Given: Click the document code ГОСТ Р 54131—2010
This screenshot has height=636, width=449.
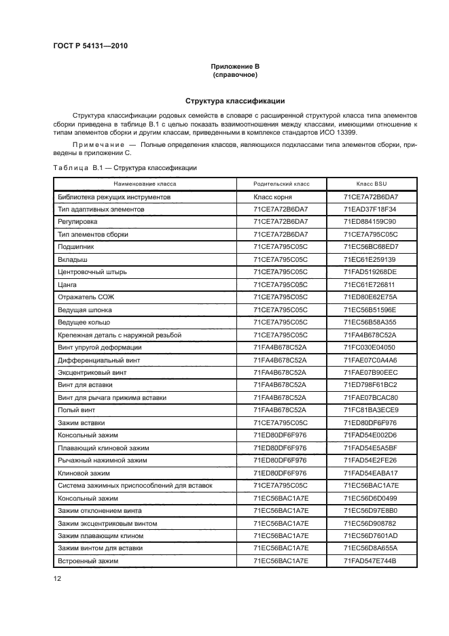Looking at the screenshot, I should tap(90, 46).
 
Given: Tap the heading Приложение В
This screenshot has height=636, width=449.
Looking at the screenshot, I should tap(235, 66).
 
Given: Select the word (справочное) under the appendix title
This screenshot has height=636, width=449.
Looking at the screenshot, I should tap(235, 75).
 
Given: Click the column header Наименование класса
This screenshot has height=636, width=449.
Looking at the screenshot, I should tap(145, 184).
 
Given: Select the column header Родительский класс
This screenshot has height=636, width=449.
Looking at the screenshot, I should tap(281, 184).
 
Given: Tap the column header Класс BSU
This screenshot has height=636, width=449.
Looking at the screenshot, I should tap(371, 184).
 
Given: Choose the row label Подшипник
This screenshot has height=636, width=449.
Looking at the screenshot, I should tap(76, 246).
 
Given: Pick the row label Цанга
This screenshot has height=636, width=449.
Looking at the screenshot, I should tap(67, 284).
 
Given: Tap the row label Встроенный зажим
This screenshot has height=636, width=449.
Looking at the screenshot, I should tap(88, 560).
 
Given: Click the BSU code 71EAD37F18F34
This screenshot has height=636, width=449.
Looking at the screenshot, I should tap(371, 209).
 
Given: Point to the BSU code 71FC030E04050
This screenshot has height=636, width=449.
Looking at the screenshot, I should tap(371, 347).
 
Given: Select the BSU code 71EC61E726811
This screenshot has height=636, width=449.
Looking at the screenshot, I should tap(371, 284).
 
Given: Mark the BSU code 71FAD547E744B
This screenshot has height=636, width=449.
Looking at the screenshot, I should tap(371, 560).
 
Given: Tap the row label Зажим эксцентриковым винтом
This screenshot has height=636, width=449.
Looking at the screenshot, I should tap(107, 523).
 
